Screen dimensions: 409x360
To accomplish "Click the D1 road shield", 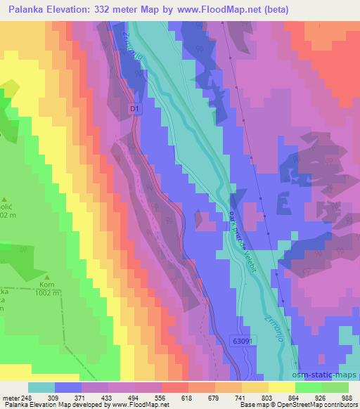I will [136, 109].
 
